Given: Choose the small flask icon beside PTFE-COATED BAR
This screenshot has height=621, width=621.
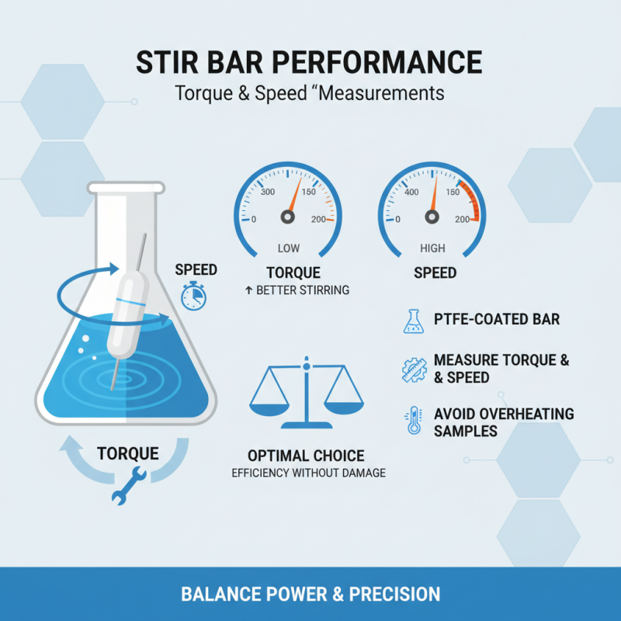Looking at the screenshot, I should pos(412,321).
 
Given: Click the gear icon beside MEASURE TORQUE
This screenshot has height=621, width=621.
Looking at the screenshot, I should pos(412,369).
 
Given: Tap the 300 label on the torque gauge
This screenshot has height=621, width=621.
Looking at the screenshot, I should pos(269,193).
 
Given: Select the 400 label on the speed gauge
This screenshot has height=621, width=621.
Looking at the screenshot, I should pos(411,193).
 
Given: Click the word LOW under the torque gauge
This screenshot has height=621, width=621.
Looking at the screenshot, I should pos(288,249).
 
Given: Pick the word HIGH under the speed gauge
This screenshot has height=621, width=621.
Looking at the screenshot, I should pos(432,249).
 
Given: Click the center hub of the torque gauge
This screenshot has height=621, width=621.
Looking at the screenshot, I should pos(287,219).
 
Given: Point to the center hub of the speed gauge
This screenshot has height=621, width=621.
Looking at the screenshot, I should pos(431,219).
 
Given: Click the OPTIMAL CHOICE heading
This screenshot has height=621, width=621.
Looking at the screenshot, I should pos(306,456).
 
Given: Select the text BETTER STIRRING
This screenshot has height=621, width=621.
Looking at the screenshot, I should pos(303,290).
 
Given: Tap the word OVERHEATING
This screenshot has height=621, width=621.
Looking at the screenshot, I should pos(522,413).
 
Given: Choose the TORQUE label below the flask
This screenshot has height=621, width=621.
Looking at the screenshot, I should pos(128,453).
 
